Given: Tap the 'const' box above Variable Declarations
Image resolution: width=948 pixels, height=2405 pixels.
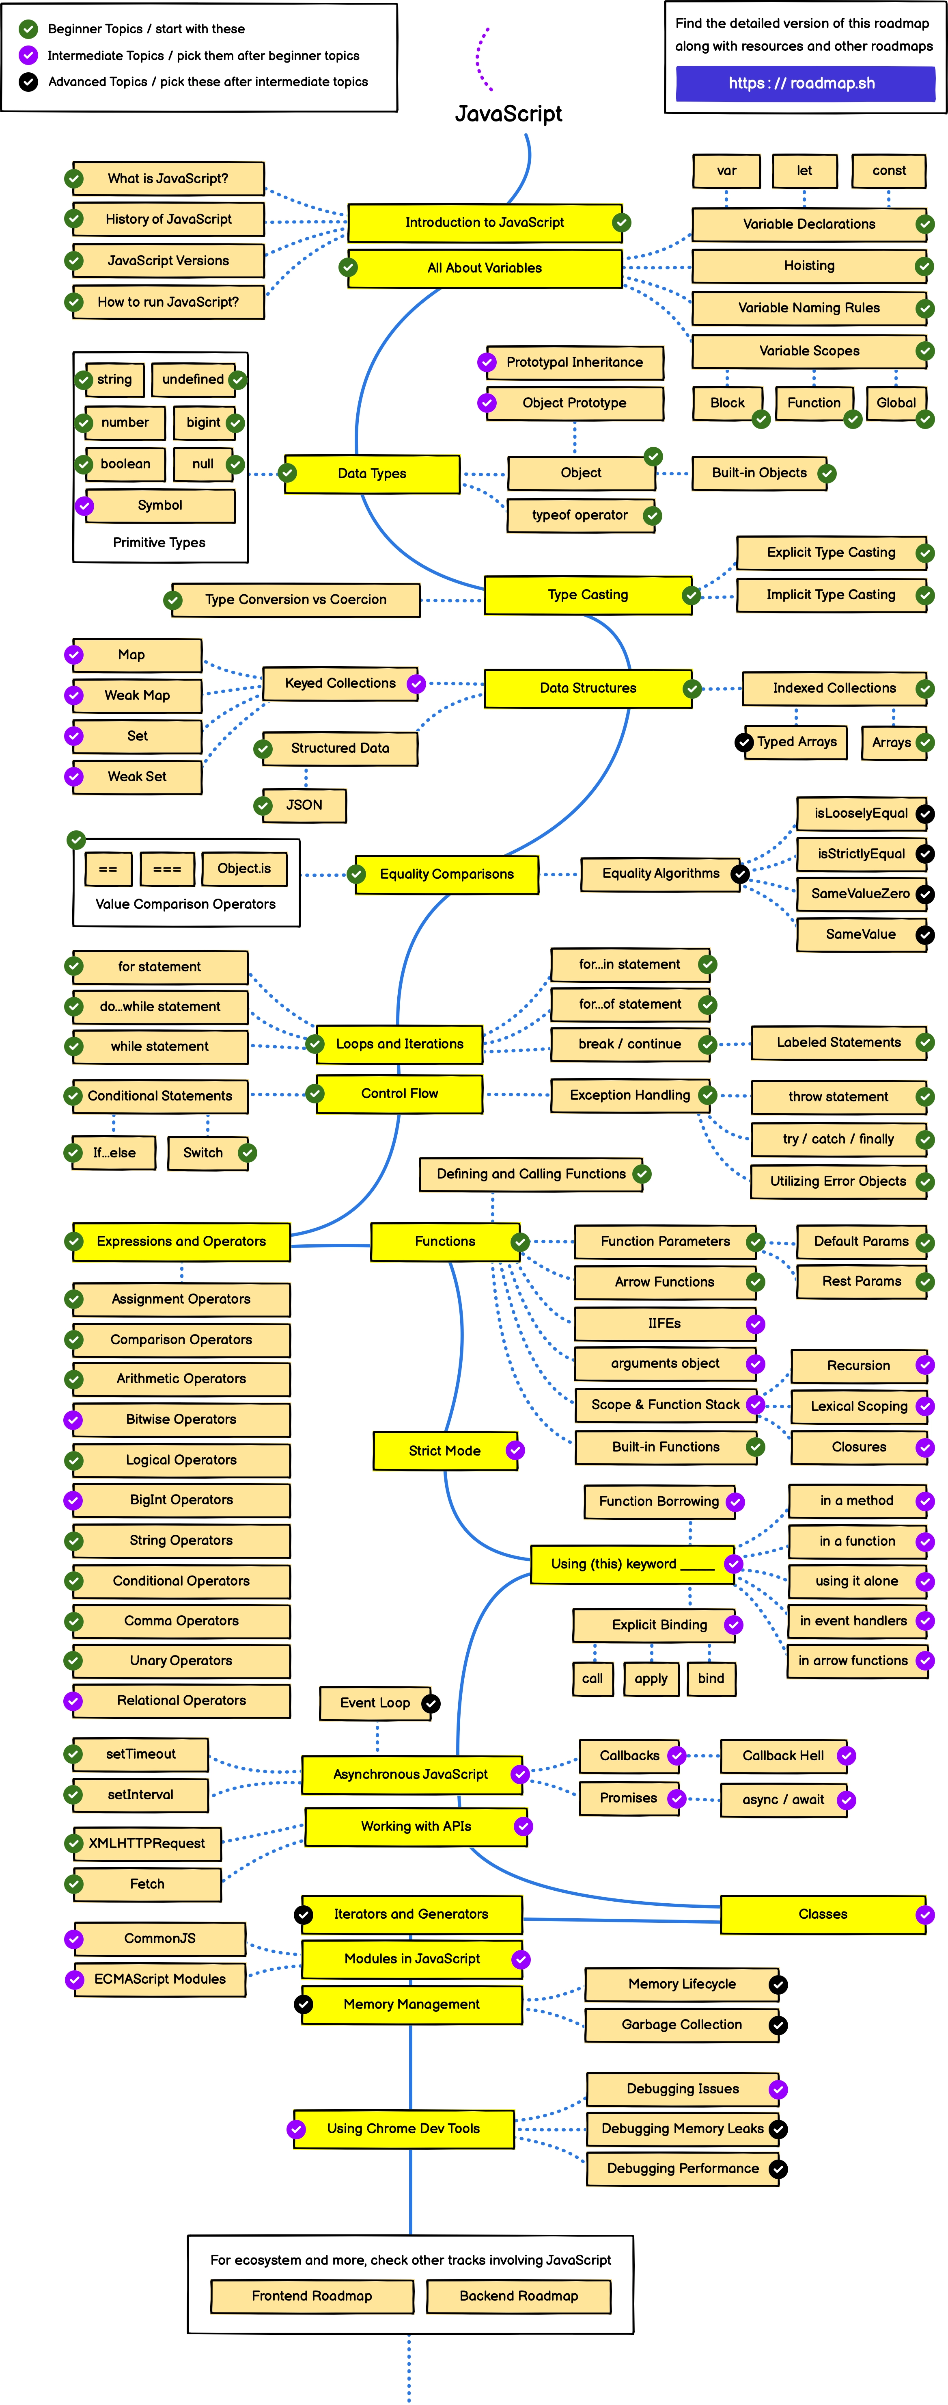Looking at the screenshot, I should pos(888,171).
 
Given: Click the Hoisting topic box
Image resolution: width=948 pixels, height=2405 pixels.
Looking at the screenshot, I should pos(808,266).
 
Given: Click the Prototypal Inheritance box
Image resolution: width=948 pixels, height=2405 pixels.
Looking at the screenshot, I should pos(574,362).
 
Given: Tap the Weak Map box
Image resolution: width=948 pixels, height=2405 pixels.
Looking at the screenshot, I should pos(137,695).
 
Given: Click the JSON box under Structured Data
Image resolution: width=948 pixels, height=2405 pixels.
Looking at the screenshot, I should pos(304,805).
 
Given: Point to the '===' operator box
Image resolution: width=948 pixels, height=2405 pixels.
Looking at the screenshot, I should pos(167,869).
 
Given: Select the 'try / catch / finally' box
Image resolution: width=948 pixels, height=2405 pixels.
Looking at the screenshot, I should pos(838,1139).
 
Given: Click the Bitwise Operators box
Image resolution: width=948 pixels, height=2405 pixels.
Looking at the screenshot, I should pos(181,1419).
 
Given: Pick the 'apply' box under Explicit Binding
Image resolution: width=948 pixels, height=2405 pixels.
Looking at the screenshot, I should pos(651,1679).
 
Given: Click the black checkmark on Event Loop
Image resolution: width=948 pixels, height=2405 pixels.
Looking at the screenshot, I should pos(430,1704).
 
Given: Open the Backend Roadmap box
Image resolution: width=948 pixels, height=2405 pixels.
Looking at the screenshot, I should pos(519,2296).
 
